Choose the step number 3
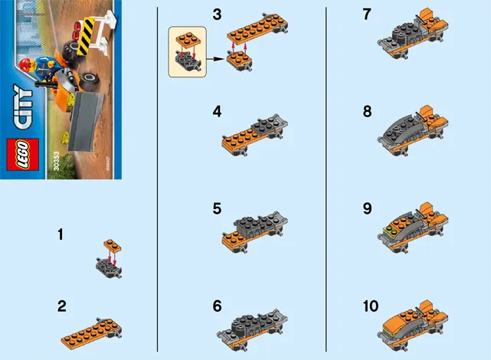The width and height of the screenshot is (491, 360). pos(218,15)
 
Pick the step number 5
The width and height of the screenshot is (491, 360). pos(218,208)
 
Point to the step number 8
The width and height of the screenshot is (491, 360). pos(367,111)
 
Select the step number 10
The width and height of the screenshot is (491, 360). pos(371,306)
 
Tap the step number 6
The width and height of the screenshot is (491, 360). pos(218,306)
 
